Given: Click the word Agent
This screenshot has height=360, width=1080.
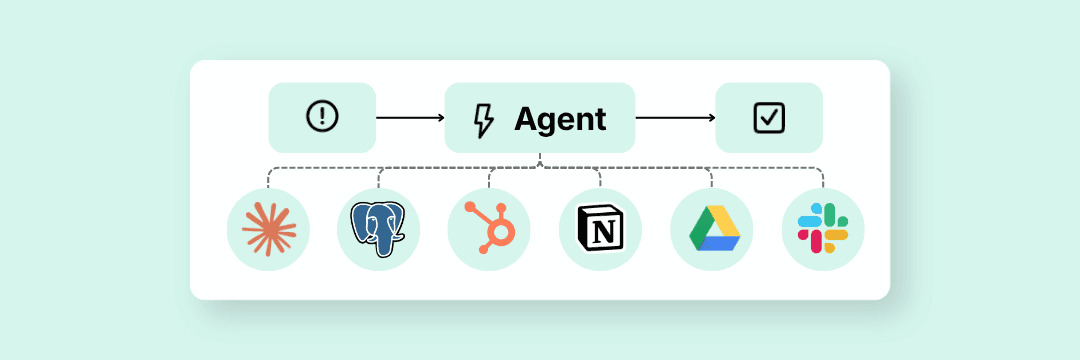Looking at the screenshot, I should coord(560,119).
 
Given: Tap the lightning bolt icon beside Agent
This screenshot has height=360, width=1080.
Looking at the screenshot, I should coord(483,119).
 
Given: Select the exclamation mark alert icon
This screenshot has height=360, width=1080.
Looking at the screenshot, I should coord(322,117).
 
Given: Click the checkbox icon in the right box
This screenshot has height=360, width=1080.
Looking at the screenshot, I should coord(769,117).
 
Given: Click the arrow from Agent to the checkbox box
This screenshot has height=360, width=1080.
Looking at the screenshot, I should coord(675,118).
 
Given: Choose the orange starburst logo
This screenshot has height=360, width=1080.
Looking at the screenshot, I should coord(269,229).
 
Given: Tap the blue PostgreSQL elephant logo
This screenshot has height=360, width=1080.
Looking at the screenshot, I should coord(378,229).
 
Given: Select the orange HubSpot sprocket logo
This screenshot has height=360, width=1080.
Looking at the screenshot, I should coord(490,229).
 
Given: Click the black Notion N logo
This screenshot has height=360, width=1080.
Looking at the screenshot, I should coord(600,229).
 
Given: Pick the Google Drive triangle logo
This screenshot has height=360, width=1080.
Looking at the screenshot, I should coord(711,229).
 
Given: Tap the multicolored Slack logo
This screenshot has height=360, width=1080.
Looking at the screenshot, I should coord(822,229).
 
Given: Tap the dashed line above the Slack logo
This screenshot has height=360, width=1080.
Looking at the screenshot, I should coord(822,177).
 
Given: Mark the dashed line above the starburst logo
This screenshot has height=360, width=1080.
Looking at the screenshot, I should coord(269,177).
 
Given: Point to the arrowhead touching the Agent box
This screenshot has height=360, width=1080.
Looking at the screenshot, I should coord(440,118).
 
